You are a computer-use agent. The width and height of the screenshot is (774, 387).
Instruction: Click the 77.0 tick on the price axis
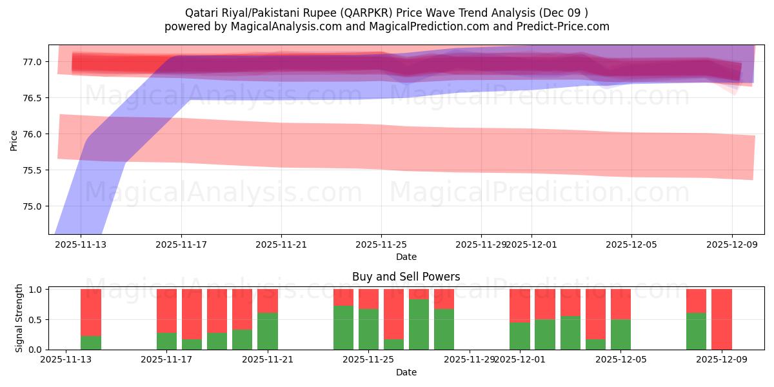[x=32, y=62]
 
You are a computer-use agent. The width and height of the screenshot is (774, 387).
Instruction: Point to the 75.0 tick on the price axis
[x=32, y=206]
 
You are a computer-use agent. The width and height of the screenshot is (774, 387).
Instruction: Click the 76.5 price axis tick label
[x=32, y=98]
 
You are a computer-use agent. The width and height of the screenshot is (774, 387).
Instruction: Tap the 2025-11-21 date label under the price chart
[x=281, y=245]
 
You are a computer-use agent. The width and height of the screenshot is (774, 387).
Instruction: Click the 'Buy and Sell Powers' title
[x=406, y=277]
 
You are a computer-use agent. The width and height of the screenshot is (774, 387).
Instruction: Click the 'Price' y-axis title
[x=14, y=140]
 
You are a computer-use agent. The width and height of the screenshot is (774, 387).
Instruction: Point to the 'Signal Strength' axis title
[x=19, y=318]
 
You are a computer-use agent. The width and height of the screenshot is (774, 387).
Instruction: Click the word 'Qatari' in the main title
[x=201, y=13]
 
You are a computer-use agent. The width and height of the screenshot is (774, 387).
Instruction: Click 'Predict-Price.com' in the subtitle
[x=564, y=26]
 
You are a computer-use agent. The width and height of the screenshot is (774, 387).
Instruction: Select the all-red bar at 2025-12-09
[x=721, y=319]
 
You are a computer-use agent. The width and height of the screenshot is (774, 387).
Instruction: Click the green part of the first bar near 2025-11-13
[x=91, y=342]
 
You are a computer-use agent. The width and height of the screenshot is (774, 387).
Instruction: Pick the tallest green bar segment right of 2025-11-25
[x=419, y=324]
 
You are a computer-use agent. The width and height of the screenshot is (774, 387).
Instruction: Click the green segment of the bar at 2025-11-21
[x=268, y=331]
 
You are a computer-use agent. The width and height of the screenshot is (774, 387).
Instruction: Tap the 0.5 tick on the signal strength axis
[x=35, y=319]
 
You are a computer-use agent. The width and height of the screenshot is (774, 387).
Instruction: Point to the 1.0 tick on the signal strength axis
[x=35, y=290]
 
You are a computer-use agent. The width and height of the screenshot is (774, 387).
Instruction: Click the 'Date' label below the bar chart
[x=406, y=372]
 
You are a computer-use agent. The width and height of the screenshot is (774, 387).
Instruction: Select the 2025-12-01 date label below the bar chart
[x=519, y=360]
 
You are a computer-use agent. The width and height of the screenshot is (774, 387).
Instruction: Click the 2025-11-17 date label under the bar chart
[x=166, y=360]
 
